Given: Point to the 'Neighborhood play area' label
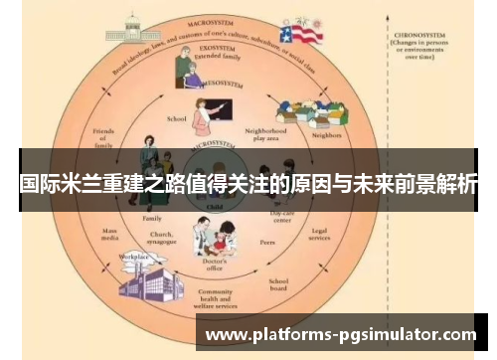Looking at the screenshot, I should pyautogui.click(x=264, y=135).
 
